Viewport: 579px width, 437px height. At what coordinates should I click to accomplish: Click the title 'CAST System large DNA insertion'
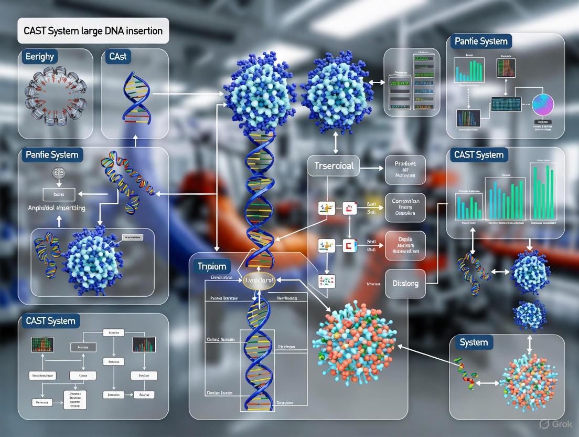point(93,30)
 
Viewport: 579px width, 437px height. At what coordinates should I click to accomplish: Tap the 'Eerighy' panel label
point(39,57)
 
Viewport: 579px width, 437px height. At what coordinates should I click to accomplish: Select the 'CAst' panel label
point(118,57)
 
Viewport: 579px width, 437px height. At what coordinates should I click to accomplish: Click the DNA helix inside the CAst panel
point(134,98)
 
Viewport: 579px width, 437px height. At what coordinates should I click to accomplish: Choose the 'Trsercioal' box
point(334,166)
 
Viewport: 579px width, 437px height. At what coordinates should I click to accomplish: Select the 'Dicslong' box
point(405,283)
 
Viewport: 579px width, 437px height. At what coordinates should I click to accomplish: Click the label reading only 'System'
point(474,342)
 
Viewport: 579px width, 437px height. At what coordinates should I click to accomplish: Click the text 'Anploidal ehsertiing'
point(57,207)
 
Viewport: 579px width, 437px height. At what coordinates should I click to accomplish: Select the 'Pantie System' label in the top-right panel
point(481,41)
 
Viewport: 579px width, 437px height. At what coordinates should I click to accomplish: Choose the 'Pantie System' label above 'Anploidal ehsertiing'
point(52,155)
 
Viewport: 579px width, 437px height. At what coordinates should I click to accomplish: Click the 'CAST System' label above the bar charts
point(479,154)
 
